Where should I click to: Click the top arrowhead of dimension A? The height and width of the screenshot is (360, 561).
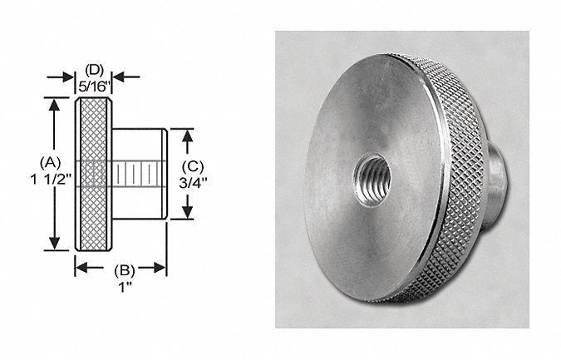[56, 104]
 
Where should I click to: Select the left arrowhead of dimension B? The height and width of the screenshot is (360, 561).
[81, 268]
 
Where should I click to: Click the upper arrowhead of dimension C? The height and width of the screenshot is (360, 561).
[189, 134]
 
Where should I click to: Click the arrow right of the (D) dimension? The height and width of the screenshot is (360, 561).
[118, 76]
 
